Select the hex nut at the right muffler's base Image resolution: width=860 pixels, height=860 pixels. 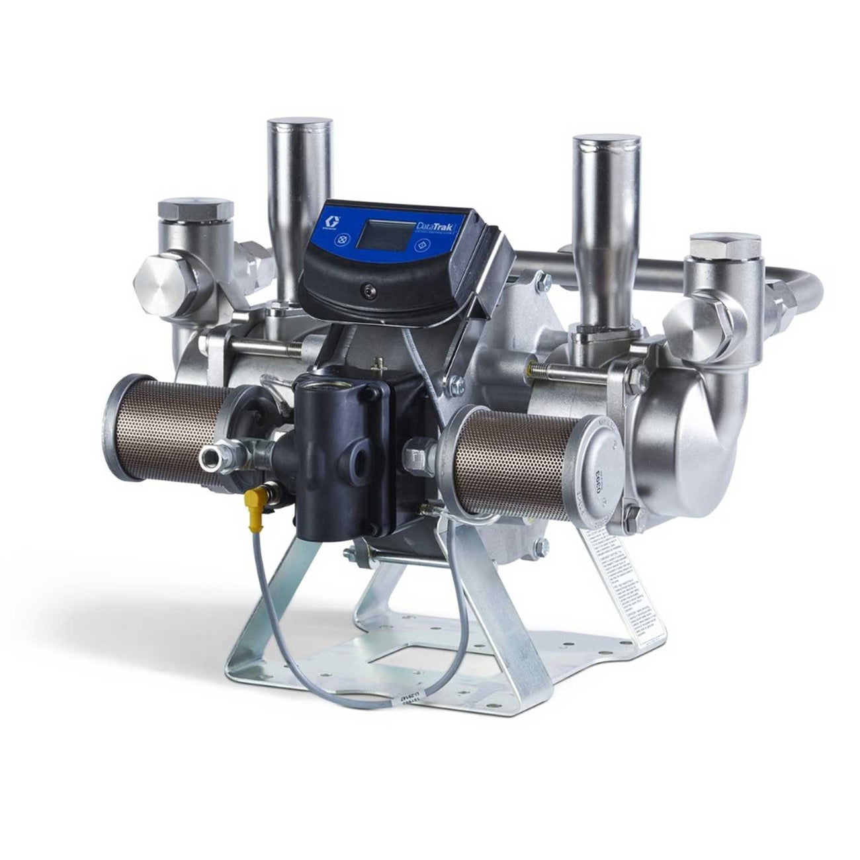point(415,458)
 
